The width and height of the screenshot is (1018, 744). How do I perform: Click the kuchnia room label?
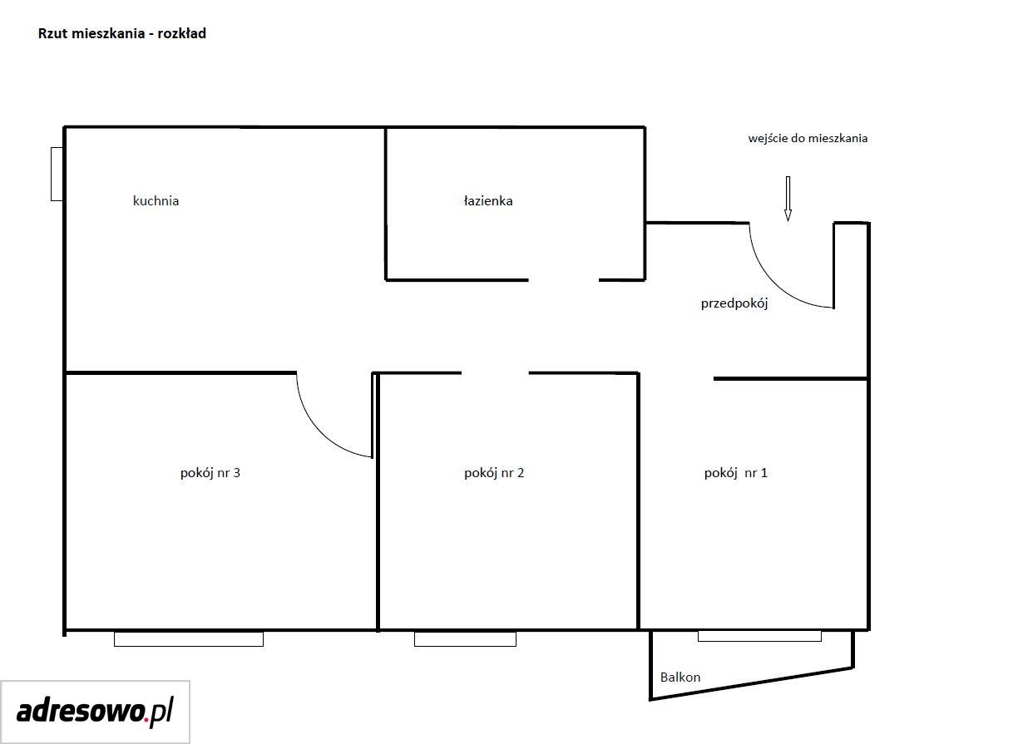(156, 201)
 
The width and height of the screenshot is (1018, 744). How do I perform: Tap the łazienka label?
(488, 201)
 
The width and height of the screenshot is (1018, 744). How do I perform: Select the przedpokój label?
(734, 303)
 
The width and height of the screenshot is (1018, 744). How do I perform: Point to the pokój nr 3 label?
(210, 473)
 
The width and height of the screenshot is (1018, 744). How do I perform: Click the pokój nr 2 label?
(494, 473)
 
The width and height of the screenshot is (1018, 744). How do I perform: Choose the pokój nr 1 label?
(736, 473)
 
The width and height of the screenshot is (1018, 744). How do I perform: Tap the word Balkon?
(679, 677)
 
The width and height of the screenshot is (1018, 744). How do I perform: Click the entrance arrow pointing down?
(788, 199)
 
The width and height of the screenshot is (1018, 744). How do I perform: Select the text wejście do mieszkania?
(808, 138)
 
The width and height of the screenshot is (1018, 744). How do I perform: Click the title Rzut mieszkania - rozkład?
(121, 33)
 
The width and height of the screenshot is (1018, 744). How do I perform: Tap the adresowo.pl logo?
(95, 712)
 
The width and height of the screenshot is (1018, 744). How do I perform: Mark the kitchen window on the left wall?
(57, 174)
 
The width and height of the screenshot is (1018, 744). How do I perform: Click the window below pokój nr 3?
(189, 639)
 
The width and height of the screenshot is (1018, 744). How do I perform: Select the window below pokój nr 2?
(465, 639)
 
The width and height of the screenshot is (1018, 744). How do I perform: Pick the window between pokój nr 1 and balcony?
(759, 636)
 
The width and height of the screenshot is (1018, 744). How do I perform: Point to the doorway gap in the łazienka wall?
(564, 280)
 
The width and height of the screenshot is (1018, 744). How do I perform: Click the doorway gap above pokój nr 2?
(495, 373)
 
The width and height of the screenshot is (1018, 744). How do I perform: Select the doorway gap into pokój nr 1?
(677, 377)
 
